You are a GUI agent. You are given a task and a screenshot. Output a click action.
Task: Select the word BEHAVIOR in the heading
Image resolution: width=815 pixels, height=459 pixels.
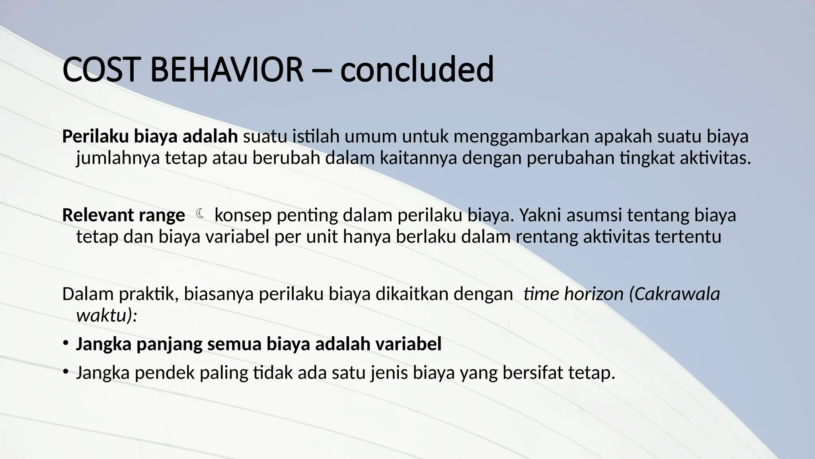coord(226,70)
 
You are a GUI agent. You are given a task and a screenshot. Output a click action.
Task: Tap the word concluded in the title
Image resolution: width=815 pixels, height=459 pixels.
coord(417,70)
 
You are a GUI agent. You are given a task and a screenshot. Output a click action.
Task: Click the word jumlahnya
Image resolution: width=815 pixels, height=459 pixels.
coord(118,158)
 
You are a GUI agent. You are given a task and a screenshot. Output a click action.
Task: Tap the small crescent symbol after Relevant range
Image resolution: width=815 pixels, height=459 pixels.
coord(200,214)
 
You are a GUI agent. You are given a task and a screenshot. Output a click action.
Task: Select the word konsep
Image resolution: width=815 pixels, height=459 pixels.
coord(243,216)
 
